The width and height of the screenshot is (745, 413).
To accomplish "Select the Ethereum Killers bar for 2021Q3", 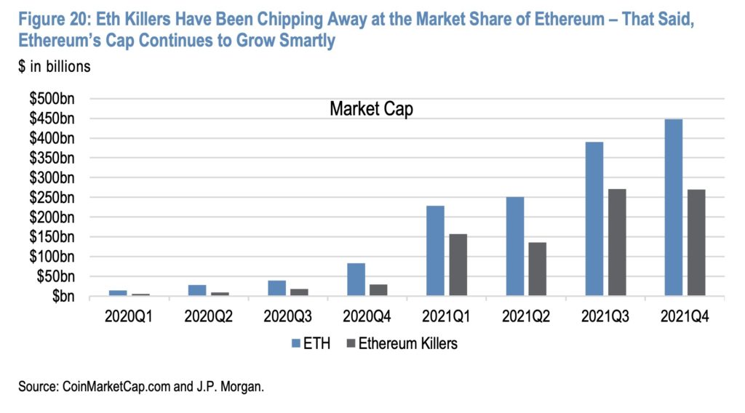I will (617, 242).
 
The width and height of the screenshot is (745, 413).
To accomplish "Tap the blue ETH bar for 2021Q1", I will (435, 251).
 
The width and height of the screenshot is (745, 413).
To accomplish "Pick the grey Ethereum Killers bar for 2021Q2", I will (537, 269).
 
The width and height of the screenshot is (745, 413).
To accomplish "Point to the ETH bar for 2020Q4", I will (356, 280).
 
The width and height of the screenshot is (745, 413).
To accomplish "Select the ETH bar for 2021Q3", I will (594, 219).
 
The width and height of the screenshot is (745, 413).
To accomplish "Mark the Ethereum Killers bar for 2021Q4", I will (696, 242).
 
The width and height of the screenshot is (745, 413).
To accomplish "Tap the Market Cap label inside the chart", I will (371, 109).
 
